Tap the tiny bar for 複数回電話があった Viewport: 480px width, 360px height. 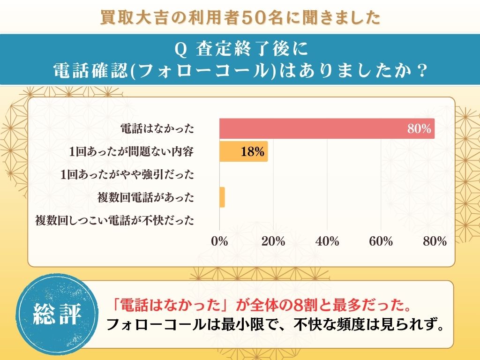point(222,197)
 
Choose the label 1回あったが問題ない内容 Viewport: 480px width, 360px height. point(131,152)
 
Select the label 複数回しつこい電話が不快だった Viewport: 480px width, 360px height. point(115,220)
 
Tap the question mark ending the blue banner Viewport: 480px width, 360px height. point(421,71)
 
